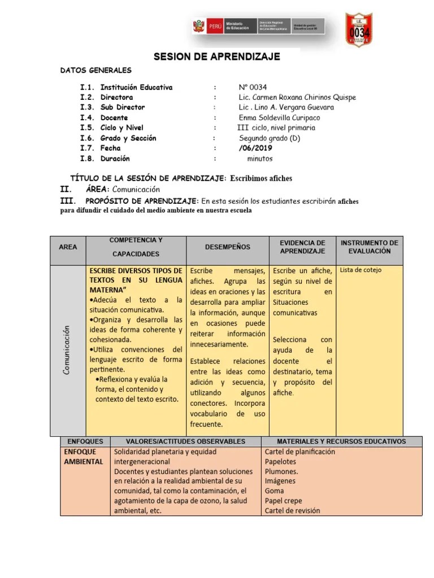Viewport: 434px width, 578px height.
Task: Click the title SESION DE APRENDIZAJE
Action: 218,57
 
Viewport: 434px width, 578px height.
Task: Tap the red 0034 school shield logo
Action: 359,29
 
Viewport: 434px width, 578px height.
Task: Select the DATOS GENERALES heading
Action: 96,71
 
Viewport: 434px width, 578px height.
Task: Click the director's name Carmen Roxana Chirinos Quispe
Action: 297,97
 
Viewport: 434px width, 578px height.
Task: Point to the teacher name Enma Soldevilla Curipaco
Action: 279,117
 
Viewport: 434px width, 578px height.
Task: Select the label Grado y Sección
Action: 128,138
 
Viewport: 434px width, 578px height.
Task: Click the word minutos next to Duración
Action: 259,159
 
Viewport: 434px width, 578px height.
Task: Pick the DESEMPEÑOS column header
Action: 227,247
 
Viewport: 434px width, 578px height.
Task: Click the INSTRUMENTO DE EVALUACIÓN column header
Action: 370,247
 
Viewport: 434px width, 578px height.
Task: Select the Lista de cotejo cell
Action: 361,270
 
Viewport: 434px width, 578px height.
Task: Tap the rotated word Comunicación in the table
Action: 67,350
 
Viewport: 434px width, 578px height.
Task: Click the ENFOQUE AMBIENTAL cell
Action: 84,457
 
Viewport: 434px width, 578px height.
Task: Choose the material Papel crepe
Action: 283,501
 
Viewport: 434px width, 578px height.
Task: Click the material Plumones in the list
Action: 281,471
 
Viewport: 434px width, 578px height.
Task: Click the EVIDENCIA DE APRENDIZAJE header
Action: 302,247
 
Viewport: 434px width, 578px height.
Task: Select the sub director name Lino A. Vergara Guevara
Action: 286,107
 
